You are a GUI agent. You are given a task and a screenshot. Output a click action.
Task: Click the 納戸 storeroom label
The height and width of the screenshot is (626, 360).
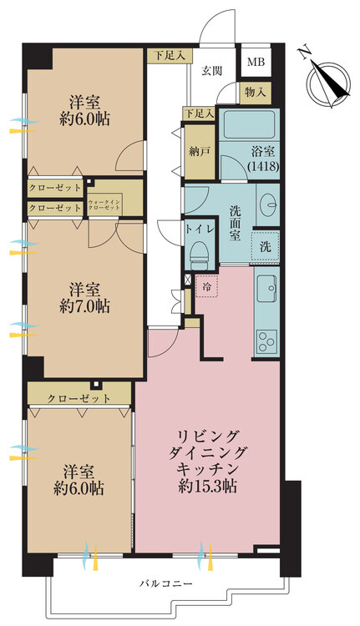click(199, 152)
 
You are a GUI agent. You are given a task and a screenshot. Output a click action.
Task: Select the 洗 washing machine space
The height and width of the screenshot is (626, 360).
click(263, 246)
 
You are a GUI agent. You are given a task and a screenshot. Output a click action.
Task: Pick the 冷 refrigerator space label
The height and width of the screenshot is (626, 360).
click(206, 286)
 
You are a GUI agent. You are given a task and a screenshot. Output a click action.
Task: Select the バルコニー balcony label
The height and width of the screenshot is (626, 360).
click(166, 583)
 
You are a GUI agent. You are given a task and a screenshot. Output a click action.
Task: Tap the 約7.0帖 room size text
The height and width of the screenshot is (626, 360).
click(84, 306)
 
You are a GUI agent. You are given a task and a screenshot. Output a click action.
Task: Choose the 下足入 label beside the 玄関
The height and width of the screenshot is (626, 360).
click(170, 55)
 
